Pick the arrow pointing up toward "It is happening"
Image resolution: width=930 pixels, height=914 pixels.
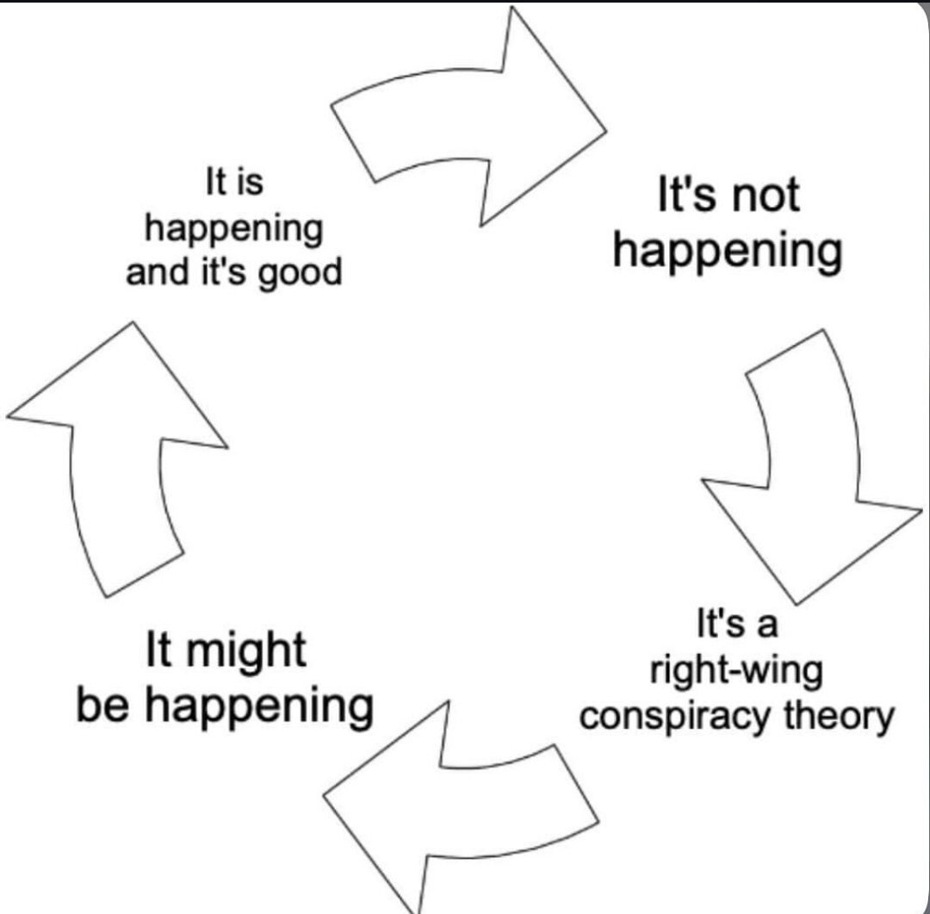[121, 457]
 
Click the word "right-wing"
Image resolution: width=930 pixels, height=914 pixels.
[736, 669]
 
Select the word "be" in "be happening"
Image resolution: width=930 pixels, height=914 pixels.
[102, 706]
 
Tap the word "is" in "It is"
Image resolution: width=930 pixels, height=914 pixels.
[251, 183]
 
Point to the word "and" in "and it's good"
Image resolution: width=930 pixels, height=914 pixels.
[152, 273]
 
